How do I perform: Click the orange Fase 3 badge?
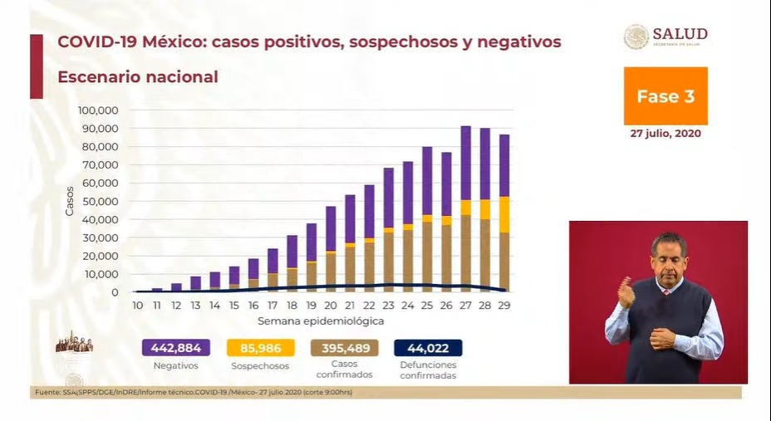pyautogui.click(x=665, y=95)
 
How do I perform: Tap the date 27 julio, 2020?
pyautogui.click(x=665, y=133)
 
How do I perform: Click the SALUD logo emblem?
pyautogui.click(x=636, y=37)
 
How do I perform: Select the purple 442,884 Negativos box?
pyautogui.click(x=175, y=347)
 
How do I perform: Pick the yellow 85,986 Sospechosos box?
pyautogui.click(x=260, y=347)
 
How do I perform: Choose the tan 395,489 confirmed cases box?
pyautogui.click(x=345, y=347)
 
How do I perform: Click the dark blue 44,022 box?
pyautogui.click(x=428, y=347)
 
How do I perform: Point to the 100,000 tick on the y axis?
pyautogui.click(x=98, y=110)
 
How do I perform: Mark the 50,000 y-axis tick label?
pyautogui.click(x=101, y=201)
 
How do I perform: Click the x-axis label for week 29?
pyautogui.click(x=503, y=306)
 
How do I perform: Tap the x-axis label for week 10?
pyautogui.click(x=137, y=306)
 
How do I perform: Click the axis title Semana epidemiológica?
pyautogui.click(x=320, y=320)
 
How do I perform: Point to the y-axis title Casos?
pyautogui.click(x=70, y=201)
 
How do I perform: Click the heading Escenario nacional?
pyautogui.click(x=138, y=77)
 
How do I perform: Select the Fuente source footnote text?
pyautogui.click(x=191, y=391)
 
